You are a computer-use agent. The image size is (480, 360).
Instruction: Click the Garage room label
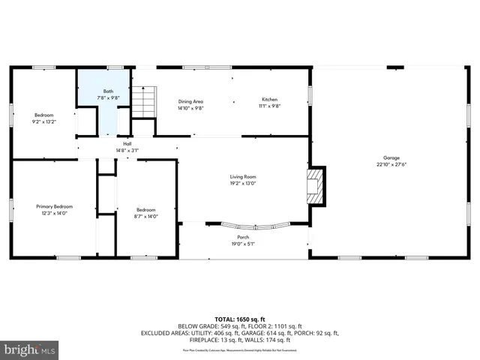(x=391, y=157)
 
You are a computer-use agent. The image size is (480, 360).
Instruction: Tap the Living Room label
(x=243, y=177)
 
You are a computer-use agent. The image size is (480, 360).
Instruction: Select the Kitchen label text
(x=270, y=100)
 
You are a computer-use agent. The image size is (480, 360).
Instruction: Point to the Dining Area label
(x=190, y=101)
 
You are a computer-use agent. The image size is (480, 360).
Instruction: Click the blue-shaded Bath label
(x=109, y=91)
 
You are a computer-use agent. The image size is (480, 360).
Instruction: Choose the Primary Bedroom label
(x=55, y=206)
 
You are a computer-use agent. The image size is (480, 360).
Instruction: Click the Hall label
(x=127, y=144)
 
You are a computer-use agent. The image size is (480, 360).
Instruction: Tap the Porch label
(x=243, y=237)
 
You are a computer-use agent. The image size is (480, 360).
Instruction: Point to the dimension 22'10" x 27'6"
(x=391, y=164)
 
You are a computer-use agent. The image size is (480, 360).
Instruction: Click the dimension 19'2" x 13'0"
(x=243, y=183)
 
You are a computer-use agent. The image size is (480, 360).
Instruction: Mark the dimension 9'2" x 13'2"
(x=43, y=121)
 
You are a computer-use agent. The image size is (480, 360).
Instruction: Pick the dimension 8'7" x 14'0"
(x=145, y=216)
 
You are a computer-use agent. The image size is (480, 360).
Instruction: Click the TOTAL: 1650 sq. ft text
(x=239, y=318)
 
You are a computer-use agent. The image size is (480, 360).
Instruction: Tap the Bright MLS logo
(x=29, y=349)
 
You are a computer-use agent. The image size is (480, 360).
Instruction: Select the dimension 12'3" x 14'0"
(x=55, y=213)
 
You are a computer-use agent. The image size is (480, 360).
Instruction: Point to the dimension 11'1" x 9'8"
(x=270, y=106)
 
